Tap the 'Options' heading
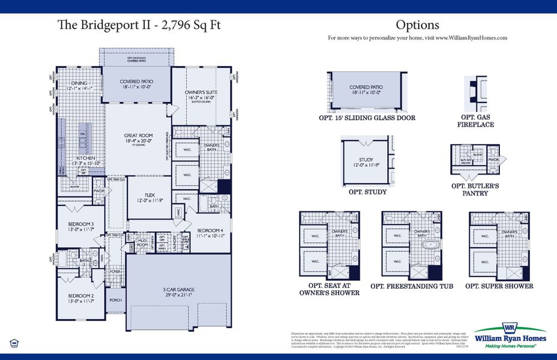coord(417,25)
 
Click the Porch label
coord(116,299)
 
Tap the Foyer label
coord(116,272)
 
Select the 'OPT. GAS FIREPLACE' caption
coord(478,121)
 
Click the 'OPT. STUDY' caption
coord(367,192)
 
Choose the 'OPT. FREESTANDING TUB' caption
coord(412,286)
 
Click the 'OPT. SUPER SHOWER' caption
coord(499,286)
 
